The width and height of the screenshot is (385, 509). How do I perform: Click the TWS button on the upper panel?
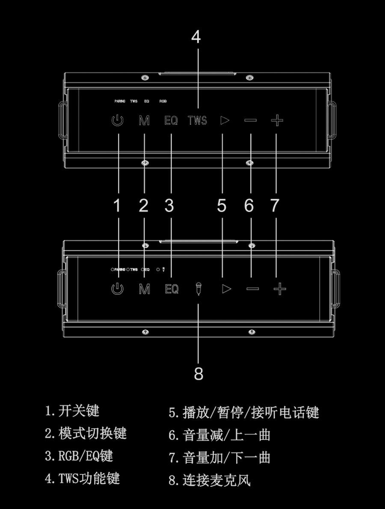tap(197, 121)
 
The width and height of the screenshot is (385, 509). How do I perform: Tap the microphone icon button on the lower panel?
tap(198, 289)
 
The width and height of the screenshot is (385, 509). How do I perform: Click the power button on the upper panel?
tap(117, 121)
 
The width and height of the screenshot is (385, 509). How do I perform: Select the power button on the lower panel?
tap(117, 289)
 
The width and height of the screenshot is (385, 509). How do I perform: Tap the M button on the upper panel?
tap(144, 121)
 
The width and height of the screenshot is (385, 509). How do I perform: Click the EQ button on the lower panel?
tap(171, 289)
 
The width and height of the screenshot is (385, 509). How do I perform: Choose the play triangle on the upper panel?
tap(225, 120)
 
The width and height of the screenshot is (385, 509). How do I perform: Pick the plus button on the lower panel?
tap(279, 289)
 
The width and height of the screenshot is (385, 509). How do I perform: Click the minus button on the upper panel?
tap(251, 120)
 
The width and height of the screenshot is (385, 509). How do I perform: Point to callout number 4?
tap(196, 37)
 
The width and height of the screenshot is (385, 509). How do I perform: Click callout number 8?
tap(198, 374)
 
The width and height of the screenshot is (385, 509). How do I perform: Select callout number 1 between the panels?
tap(117, 206)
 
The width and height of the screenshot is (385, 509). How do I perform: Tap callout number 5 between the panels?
tap(222, 206)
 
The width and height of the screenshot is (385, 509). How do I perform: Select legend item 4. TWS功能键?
tap(82, 478)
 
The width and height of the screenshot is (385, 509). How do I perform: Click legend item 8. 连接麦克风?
tap(209, 480)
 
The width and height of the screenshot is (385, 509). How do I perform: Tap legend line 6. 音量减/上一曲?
tap(219, 435)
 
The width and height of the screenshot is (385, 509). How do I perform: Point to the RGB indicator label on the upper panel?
tap(163, 101)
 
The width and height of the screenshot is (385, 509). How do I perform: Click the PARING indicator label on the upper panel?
tap(120, 101)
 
